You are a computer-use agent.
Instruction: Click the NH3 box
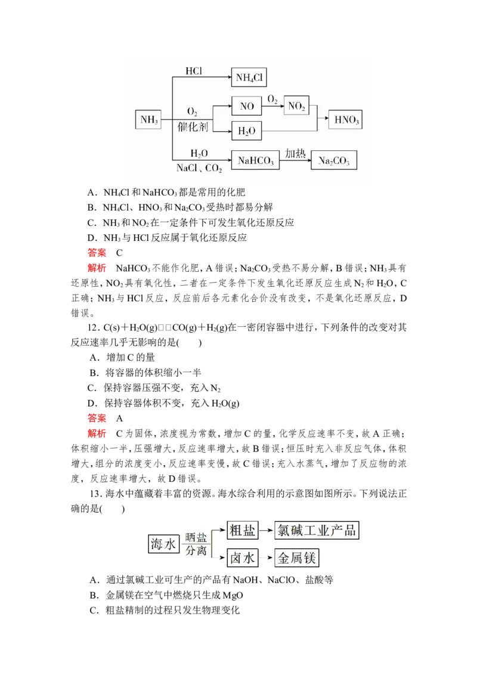click(148, 120)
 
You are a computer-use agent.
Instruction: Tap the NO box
click(247, 106)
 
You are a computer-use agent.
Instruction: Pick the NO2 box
click(296, 106)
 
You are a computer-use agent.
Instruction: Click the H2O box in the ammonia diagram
click(246, 131)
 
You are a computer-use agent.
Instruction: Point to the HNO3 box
click(346, 120)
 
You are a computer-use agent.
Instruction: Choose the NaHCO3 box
click(255, 161)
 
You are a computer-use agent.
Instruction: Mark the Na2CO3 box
click(334, 161)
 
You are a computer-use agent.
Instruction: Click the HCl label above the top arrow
click(194, 71)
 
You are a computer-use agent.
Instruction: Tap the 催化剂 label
click(193, 127)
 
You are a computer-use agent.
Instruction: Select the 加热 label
click(295, 153)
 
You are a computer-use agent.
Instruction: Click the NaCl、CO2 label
click(199, 169)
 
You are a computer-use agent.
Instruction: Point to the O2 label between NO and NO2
click(272, 98)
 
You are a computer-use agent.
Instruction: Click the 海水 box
click(163, 544)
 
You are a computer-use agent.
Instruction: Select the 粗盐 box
click(242, 530)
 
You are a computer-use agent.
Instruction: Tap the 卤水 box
click(242, 558)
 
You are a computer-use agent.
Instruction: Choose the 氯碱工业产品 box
click(317, 530)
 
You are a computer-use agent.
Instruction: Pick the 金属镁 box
click(296, 558)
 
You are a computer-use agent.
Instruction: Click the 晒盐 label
click(196, 537)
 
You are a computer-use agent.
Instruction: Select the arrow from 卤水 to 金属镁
click(265, 558)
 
